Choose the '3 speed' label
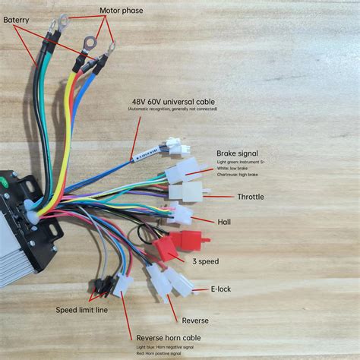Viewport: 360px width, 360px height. tap(206, 261)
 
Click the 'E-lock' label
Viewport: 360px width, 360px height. tap(222, 289)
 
